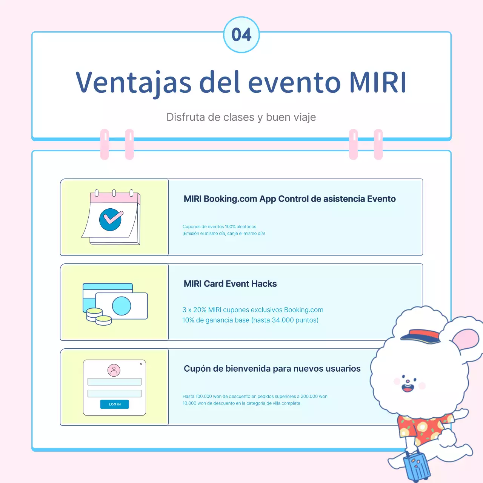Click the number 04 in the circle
tap(241, 35)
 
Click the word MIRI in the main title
tap(378, 82)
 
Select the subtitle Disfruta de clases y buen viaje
tap(241, 117)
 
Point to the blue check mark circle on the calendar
tap(110, 220)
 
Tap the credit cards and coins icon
tap(115, 304)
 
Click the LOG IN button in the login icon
tap(114, 404)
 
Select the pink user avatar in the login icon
tap(114, 370)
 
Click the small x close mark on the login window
tap(141, 364)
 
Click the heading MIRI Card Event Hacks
tap(230, 284)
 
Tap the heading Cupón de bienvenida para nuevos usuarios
tap(272, 369)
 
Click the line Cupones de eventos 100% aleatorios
tap(219, 227)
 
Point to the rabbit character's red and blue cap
tap(421, 336)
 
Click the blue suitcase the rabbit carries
tap(417, 466)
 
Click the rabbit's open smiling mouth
tap(408, 388)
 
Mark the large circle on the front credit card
tap(122, 306)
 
